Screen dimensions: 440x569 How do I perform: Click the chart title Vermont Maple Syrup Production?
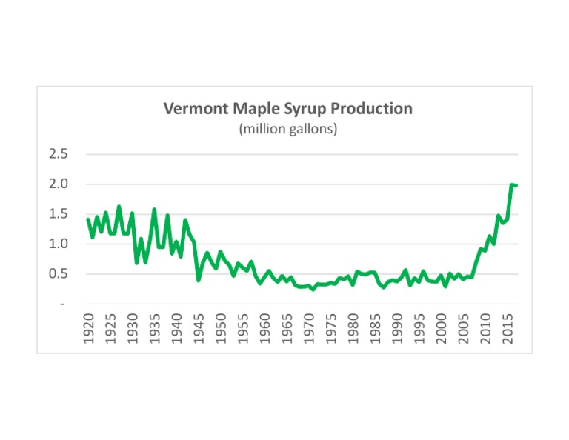click(x=287, y=109)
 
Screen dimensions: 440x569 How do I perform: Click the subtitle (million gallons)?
click(x=287, y=129)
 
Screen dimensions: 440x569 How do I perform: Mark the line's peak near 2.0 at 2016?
click(x=511, y=184)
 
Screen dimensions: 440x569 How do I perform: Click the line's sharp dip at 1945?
click(x=199, y=279)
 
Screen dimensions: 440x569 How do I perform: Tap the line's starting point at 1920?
click(x=88, y=219)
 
